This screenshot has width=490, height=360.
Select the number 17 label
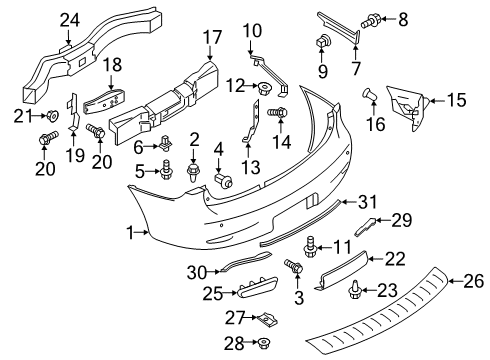coord(211,39)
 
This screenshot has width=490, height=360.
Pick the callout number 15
coord(456,100)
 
